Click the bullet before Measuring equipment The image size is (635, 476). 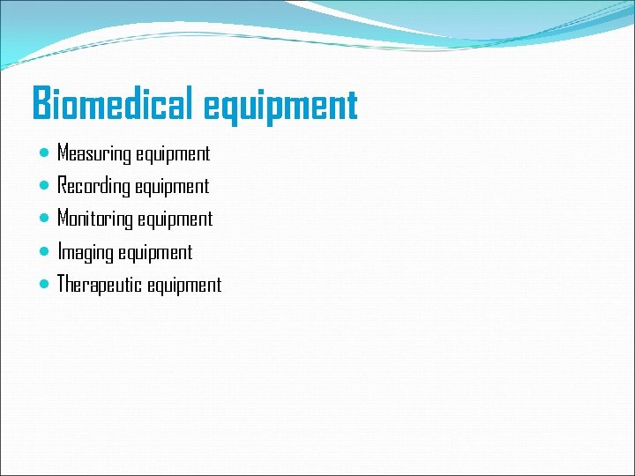[45, 153]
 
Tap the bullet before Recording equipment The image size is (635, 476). [45, 186]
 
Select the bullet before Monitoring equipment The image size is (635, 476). [45, 219]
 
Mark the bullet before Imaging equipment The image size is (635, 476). [45, 251]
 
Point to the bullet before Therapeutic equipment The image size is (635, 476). [45, 284]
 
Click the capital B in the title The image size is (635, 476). [41, 104]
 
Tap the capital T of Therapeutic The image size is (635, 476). [62, 284]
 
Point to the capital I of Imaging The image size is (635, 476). [60, 252]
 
